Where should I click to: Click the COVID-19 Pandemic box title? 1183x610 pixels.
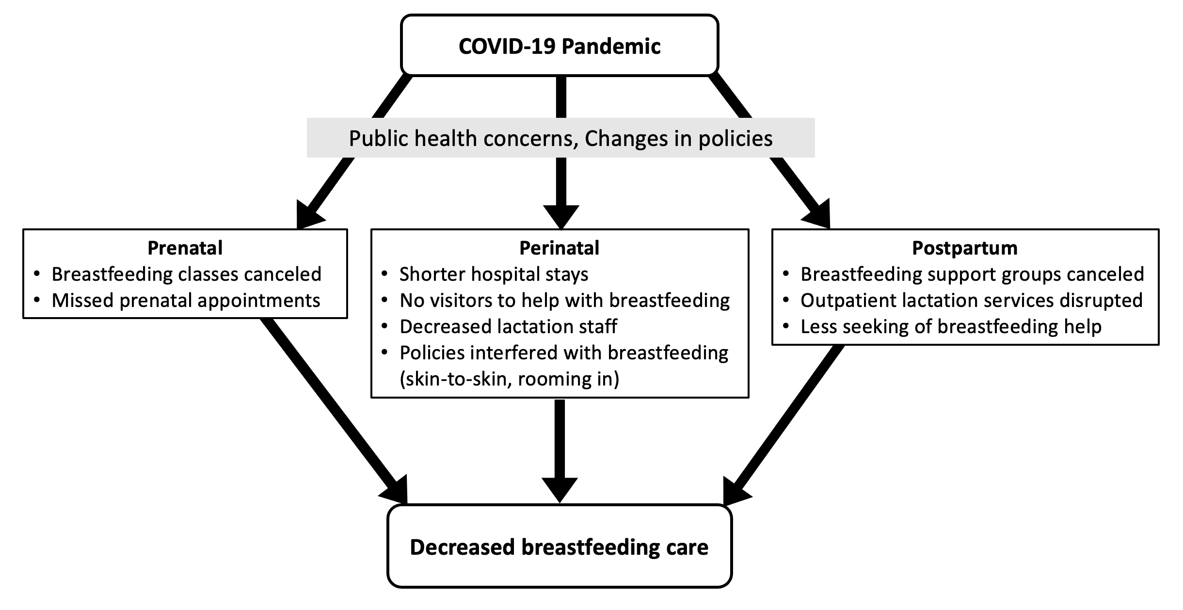(560, 47)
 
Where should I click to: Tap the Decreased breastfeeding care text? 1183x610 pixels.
(559, 547)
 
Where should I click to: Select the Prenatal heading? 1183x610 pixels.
(185, 248)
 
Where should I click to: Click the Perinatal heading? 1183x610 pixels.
(559, 248)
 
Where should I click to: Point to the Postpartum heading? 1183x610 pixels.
(964, 248)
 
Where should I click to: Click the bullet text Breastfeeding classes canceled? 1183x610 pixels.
(187, 274)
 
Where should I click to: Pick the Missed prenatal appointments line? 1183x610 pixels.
(186, 301)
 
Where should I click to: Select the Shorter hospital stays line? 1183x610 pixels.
(494, 274)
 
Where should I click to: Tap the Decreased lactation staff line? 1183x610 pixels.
(508, 326)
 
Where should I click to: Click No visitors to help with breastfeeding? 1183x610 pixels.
(565, 301)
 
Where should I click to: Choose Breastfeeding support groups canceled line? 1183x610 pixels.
(972, 274)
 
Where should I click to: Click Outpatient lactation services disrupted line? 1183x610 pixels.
(972, 301)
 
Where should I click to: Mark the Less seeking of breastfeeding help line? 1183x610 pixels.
(951, 327)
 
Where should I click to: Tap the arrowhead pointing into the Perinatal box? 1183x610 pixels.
(561, 217)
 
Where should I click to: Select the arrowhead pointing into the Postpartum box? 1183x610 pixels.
(818, 215)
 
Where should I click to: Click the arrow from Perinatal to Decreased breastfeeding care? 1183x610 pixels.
(560, 451)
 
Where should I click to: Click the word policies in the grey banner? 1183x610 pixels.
(735, 139)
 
